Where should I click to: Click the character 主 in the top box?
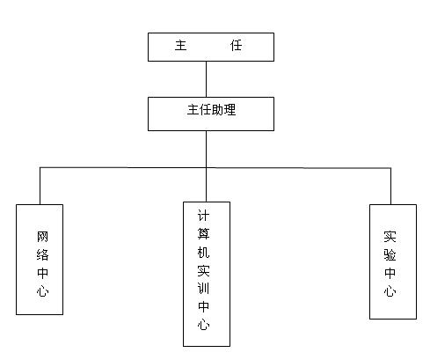tap(180, 46)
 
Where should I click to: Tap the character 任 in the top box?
tap(236, 46)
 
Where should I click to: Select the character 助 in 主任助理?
tap(217, 110)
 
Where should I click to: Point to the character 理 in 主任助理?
tap(230, 110)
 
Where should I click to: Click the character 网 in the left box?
tap(42, 237)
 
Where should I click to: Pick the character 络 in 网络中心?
tap(42, 254)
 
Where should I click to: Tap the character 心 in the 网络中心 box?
tap(42, 291)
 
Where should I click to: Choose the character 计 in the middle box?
tap(203, 216)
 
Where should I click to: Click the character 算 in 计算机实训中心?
tap(203, 234)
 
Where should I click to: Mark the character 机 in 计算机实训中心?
tap(203, 252)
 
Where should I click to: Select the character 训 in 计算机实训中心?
tap(203, 289)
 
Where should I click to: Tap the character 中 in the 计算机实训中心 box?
tap(203, 306)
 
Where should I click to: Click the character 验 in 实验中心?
tap(390, 254)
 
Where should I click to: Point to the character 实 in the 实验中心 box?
tap(390, 237)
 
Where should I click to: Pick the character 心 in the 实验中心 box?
tap(390, 291)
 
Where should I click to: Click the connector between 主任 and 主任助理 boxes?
tap(206, 79)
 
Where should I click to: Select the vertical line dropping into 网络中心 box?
tap(40, 186)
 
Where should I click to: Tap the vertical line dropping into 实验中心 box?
tap(390, 187)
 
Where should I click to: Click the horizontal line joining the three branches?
tap(215, 168)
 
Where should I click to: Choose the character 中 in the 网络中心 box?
tap(42, 273)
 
